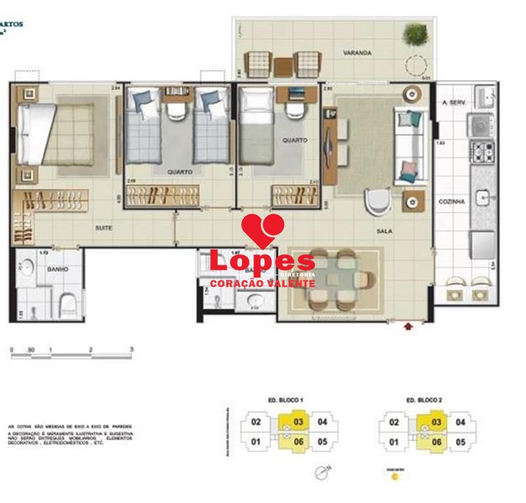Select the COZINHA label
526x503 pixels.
[452, 202]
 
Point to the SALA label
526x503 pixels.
[383, 231]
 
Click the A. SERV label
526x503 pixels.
[453, 103]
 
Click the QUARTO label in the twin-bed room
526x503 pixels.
[179, 172]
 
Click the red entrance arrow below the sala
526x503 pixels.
[410, 325]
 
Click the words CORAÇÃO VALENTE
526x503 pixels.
[262, 284]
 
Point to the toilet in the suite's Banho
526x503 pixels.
[68, 303]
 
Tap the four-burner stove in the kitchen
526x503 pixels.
[481, 151]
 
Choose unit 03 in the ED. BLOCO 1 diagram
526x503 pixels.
[297, 422]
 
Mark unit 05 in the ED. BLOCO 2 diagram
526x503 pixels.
[460, 442]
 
